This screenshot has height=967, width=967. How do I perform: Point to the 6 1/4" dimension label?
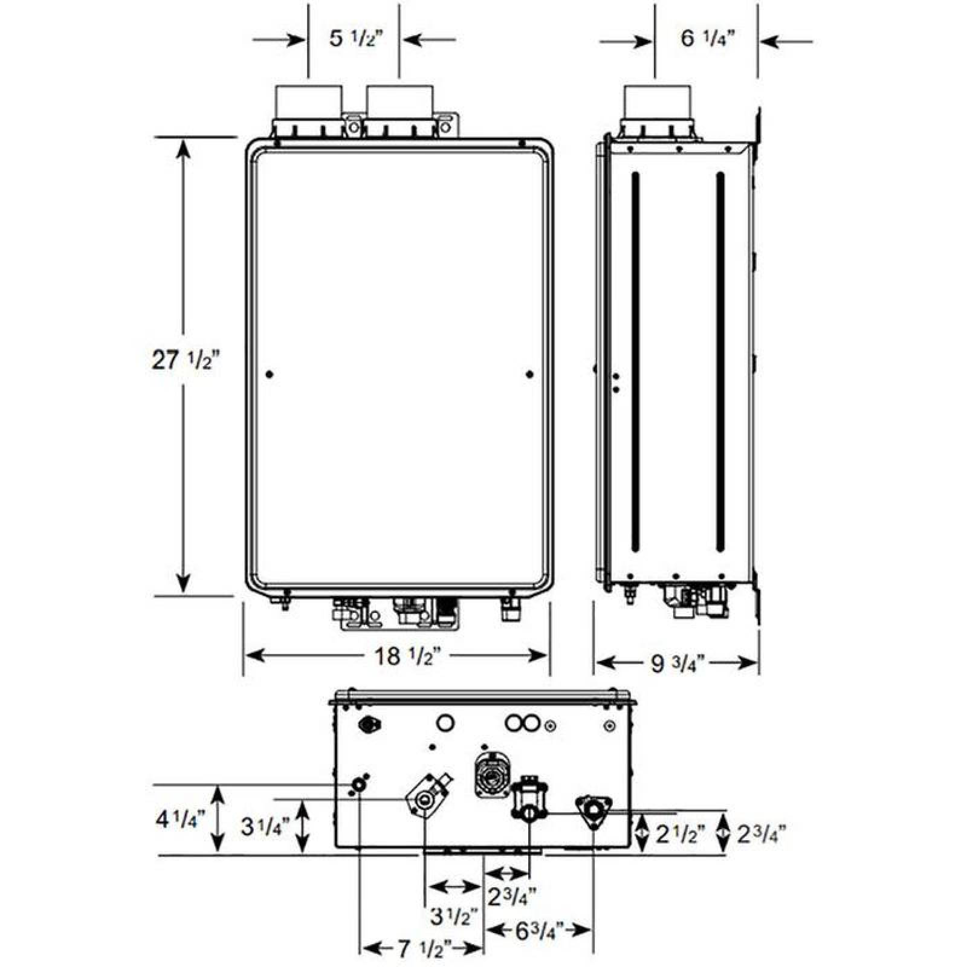pos(706,39)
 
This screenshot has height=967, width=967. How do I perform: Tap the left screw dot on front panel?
pos(270,375)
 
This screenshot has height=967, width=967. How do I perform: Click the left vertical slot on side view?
pos(635,363)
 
